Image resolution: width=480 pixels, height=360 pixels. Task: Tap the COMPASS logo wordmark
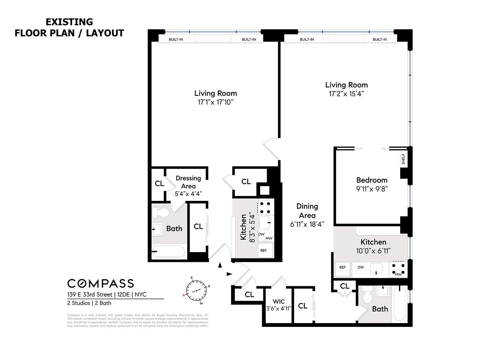click(100, 283)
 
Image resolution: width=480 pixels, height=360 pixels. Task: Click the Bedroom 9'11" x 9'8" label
click(372, 184)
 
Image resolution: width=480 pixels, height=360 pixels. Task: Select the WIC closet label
click(279, 301)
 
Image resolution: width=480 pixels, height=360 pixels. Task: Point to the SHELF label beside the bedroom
click(403, 159)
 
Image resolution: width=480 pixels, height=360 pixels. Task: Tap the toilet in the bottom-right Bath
click(367, 295)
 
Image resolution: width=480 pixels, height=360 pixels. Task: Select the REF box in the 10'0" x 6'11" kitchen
click(342, 267)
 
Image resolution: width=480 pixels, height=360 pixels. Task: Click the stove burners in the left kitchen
click(265, 208)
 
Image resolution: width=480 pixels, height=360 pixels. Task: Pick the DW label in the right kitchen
click(361, 267)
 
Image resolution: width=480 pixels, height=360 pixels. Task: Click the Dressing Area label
click(188, 182)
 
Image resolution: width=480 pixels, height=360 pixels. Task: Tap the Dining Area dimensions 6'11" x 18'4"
click(307, 224)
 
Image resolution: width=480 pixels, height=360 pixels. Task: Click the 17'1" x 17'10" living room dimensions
click(215, 102)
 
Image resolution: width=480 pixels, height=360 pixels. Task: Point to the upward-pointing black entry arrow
click(220, 265)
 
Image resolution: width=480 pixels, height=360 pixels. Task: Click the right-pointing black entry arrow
click(229, 274)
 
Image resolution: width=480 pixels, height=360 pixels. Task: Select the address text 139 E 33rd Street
click(89, 295)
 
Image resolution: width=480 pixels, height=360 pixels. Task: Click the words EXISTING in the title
click(69, 22)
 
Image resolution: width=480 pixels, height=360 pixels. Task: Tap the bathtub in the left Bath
click(169, 252)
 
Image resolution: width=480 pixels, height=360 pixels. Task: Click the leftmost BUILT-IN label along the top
click(176, 39)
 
